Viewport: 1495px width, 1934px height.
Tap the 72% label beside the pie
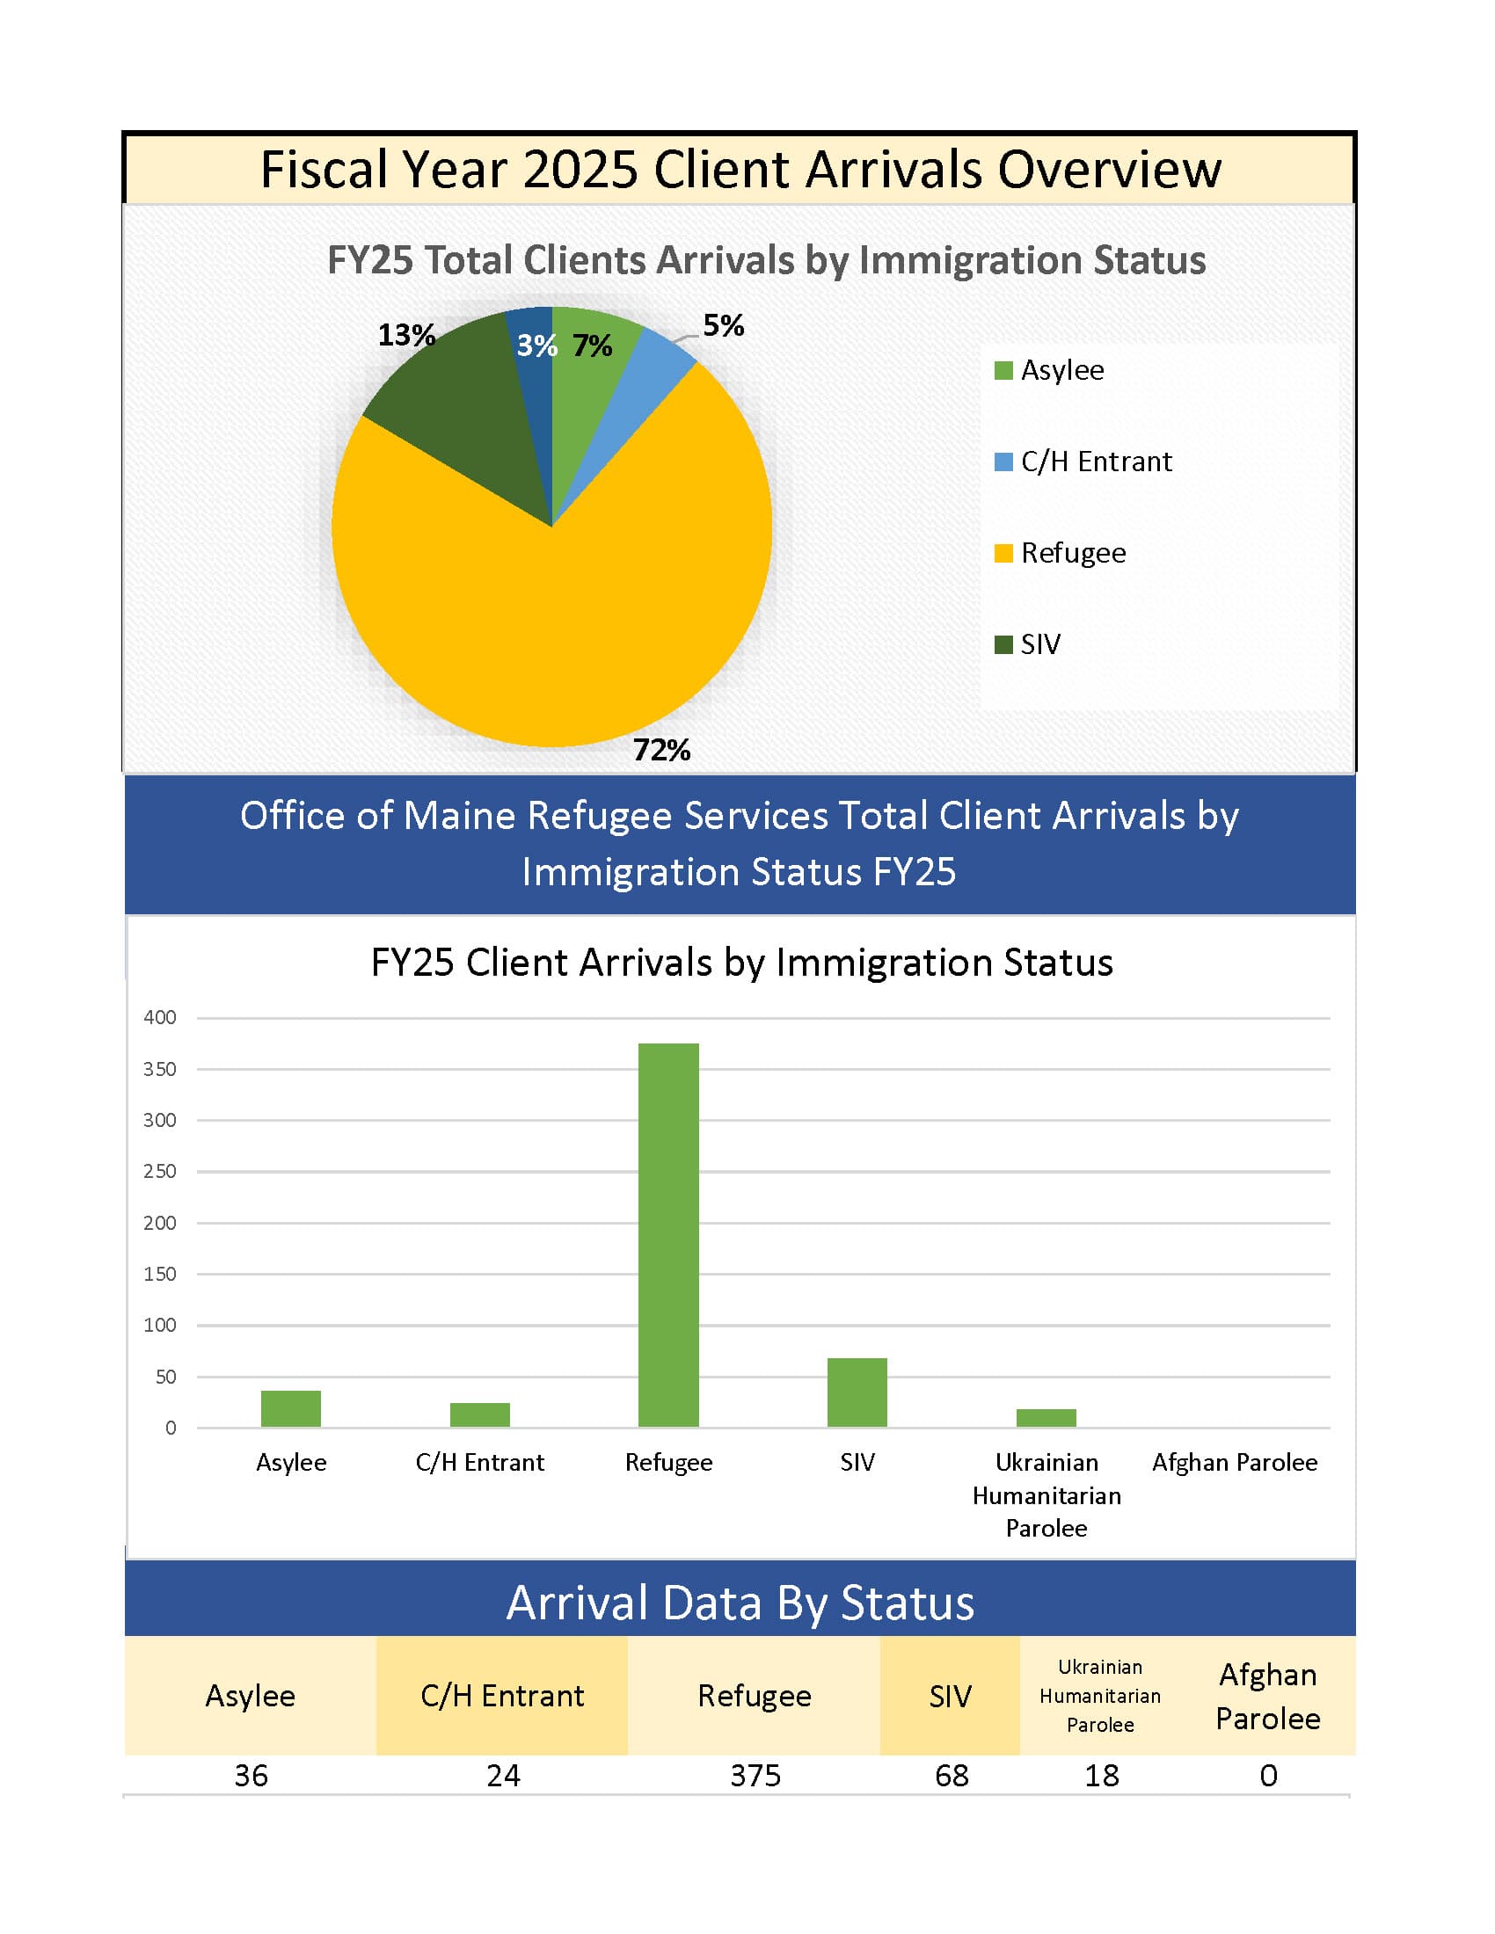(x=661, y=750)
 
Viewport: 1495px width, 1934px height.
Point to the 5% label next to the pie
(x=723, y=326)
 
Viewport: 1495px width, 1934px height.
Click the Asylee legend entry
(x=1050, y=370)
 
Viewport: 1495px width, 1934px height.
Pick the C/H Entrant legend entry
(x=1084, y=462)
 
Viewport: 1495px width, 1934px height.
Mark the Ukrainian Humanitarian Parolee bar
(x=1046, y=1418)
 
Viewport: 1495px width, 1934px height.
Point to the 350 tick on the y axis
(x=160, y=1069)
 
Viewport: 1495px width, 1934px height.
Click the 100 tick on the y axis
(x=160, y=1325)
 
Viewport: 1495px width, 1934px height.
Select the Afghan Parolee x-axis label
(x=1235, y=1462)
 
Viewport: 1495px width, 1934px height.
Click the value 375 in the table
(x=755, y=1776)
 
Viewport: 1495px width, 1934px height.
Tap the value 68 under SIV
(x=952, y=1776)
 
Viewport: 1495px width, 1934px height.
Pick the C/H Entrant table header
(x=502, y=1696)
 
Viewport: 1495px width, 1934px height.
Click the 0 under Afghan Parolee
(x=1268, y=1776)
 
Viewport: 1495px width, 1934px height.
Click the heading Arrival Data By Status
(x=740, y=1603)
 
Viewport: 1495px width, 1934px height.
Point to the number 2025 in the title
(x=580, y=169)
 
